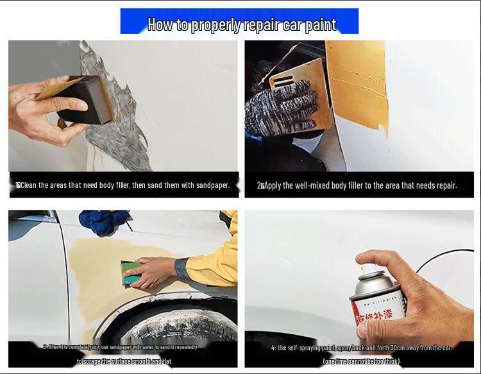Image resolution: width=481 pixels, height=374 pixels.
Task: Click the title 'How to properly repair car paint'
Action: click(x=242, y=24)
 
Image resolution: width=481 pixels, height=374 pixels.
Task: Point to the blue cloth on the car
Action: click(x=103, y=221)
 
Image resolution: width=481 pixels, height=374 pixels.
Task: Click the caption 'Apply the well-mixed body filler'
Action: click(x=357, y=185)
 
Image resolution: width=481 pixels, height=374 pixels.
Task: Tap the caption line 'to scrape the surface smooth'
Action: click(x=124, y=361)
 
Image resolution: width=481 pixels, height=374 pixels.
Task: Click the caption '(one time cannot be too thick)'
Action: click(x=362, y=361)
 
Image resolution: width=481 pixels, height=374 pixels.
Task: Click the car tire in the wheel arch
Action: click(x=170, y=327)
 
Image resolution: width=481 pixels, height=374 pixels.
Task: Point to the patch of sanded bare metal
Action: click(x=115, y=109)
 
